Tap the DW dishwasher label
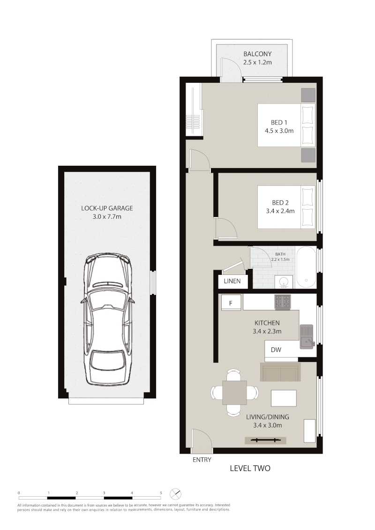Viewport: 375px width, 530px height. (276, 350)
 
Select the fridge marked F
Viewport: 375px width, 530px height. (231, 302)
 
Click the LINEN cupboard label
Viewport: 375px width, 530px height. (232, 281)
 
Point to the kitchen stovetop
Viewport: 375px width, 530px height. (283, 302)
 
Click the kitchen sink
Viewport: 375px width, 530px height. (307, 336)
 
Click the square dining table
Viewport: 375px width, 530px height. (235, 392)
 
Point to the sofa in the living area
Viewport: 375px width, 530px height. (280, 372)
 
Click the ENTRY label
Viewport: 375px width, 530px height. (202, 460)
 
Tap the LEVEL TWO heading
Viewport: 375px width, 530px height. (250, 468)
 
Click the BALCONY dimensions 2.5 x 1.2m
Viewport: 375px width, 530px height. (257, 62)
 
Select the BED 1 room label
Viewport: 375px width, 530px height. (279, 122)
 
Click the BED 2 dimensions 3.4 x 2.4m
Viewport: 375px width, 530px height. (280, 211)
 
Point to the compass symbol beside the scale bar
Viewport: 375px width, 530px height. (175, 494)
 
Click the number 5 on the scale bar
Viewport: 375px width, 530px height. (161, 493)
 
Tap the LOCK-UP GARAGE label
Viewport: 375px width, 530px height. (107, 208)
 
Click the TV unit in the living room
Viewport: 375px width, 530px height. (266, 440)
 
